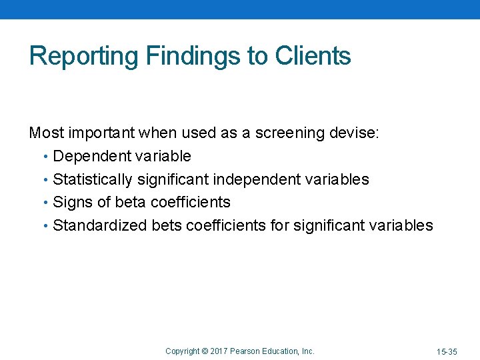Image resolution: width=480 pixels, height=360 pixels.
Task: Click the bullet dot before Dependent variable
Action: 45,157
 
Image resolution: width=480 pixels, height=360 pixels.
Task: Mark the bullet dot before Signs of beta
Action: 45,203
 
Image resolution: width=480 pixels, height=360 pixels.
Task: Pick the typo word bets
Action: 166,225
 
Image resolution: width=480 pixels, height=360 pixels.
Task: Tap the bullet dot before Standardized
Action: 45,226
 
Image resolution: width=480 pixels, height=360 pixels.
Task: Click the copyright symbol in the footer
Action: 205,351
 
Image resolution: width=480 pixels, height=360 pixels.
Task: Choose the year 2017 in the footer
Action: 221,351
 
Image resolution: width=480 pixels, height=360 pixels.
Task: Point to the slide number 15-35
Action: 447,351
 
